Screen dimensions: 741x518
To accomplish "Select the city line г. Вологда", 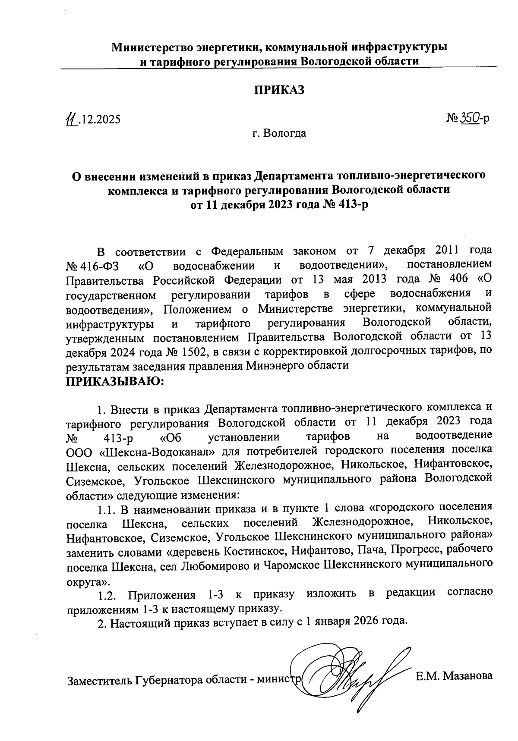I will [x=279, y=133].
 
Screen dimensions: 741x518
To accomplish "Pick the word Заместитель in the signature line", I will [x=99, y=681].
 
